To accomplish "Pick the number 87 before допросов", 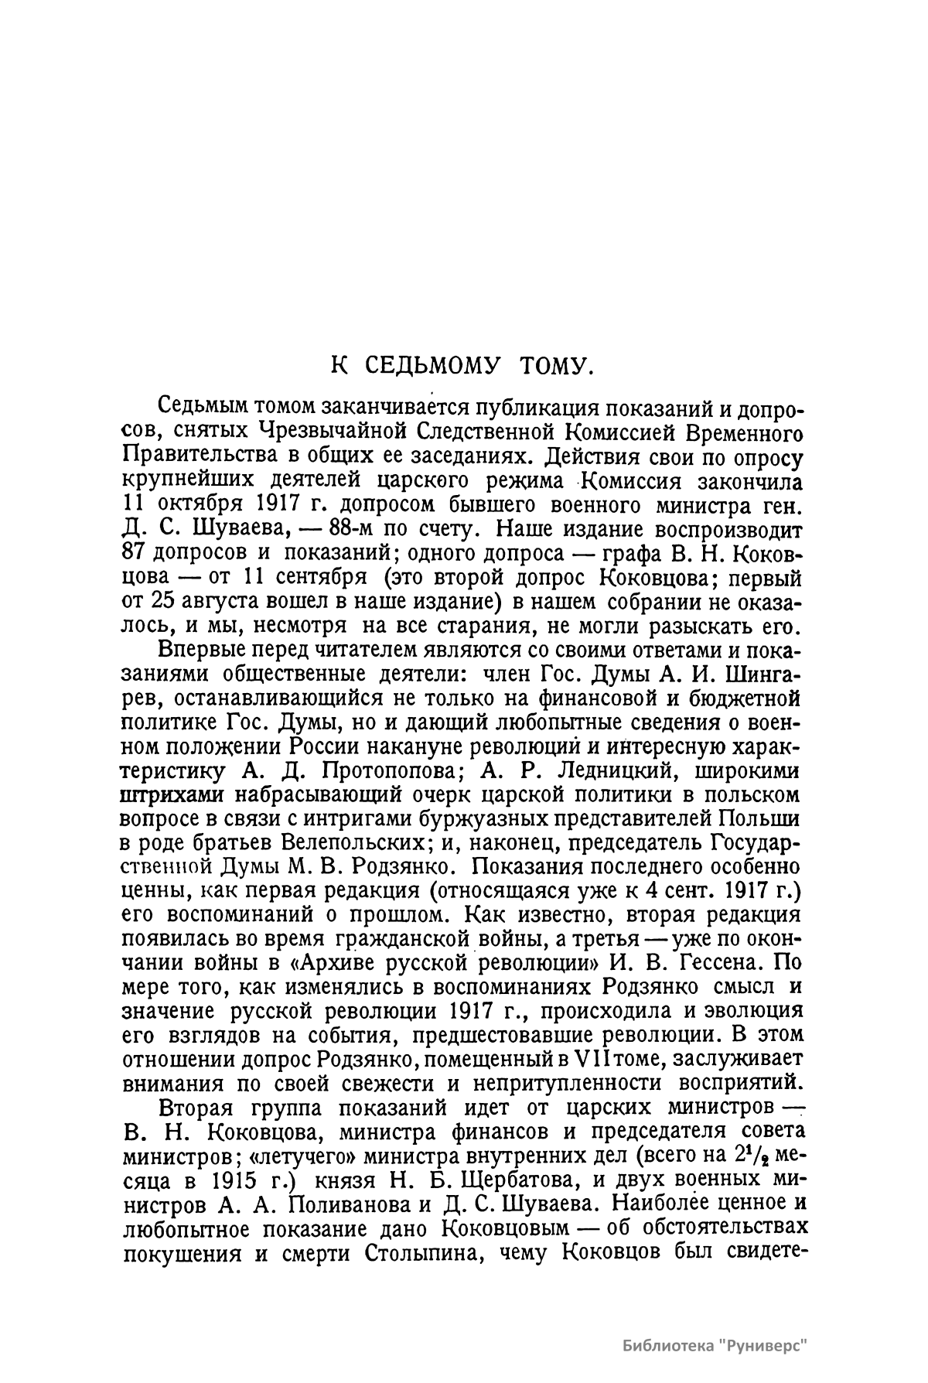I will [136, 555].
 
